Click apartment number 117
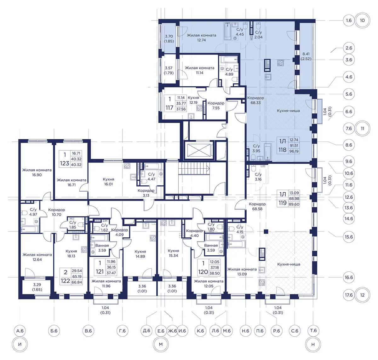coord(169,108)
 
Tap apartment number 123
coord(64,163)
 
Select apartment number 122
coord(65,281)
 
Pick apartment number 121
coord(100,272)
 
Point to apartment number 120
coord(203,272)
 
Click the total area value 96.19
coord(294,151)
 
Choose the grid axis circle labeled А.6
coord(20,331)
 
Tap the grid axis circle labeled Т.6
coord(313,331)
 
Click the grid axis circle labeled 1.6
coord(349,20)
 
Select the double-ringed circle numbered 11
coord(362,128)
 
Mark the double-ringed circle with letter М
coord(161,345)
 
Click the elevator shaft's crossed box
coord(199,150)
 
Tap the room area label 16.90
coord(37,175)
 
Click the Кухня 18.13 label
coord(71,253)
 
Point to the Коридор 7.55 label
coord(216,105)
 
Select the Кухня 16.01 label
coord(108,182)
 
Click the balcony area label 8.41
coord(306,54)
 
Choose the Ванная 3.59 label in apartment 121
coord(102,248)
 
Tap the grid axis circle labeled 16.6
coord(349,277)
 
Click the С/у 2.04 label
coord(258,35)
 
